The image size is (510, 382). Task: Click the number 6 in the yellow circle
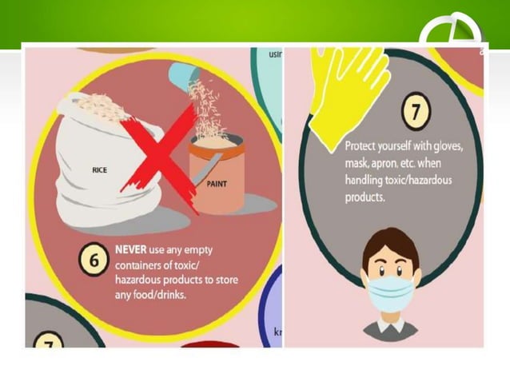click(94, 261)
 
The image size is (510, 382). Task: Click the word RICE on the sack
click(100, 170)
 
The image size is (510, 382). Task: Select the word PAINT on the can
click(217, 183)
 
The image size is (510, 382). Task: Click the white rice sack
click(96, 160)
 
